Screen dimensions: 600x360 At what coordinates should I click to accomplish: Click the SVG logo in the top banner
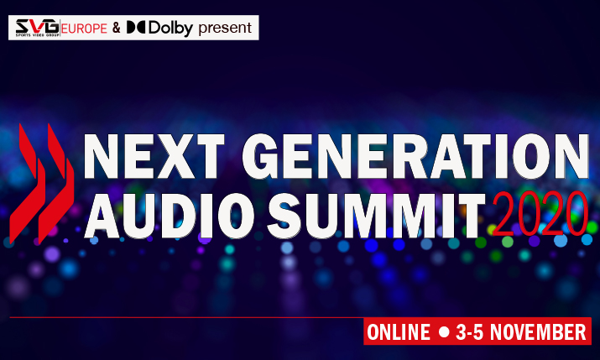point(37,28)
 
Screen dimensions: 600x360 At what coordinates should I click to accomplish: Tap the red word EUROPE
point(84,29)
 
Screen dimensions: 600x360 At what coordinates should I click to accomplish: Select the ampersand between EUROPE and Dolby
point(117,28)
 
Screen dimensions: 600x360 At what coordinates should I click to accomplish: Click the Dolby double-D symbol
point(135,27)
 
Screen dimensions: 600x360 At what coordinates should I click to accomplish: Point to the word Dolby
point(170,28)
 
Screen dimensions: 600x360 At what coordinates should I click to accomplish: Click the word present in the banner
point(225,28)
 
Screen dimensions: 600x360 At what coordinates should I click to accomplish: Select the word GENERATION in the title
point(415,156)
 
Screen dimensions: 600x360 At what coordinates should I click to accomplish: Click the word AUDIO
point(170,216)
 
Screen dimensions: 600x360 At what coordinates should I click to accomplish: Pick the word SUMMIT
point(376,216)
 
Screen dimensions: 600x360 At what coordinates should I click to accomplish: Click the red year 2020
point(540,213)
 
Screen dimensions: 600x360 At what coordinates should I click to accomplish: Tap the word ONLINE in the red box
point(399,331)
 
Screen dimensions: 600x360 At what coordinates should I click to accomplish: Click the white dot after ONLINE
point(444,331)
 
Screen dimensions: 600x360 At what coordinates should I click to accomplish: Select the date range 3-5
point(470,331)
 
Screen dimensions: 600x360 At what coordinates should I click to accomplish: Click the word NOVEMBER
point(538,331)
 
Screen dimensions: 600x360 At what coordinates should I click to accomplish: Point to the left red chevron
point(28,184)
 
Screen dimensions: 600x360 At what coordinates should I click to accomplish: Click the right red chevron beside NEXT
point(56,184)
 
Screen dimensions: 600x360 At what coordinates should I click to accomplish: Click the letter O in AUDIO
point(236,216)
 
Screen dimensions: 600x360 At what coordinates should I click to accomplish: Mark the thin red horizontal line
point(186,317)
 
